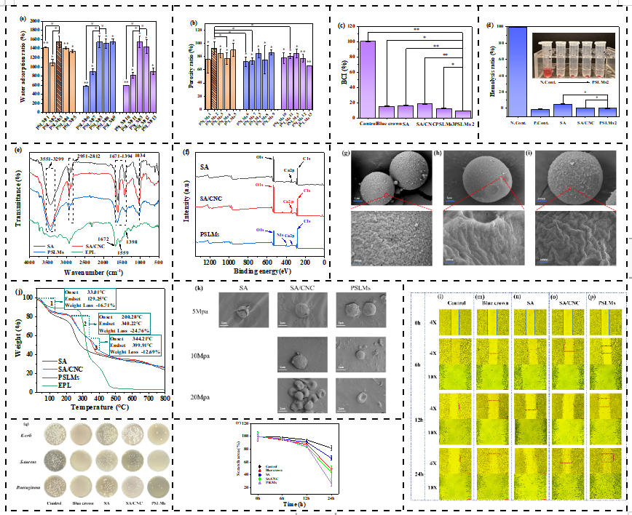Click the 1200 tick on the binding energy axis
pyautogui.click(x=210, y=262)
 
